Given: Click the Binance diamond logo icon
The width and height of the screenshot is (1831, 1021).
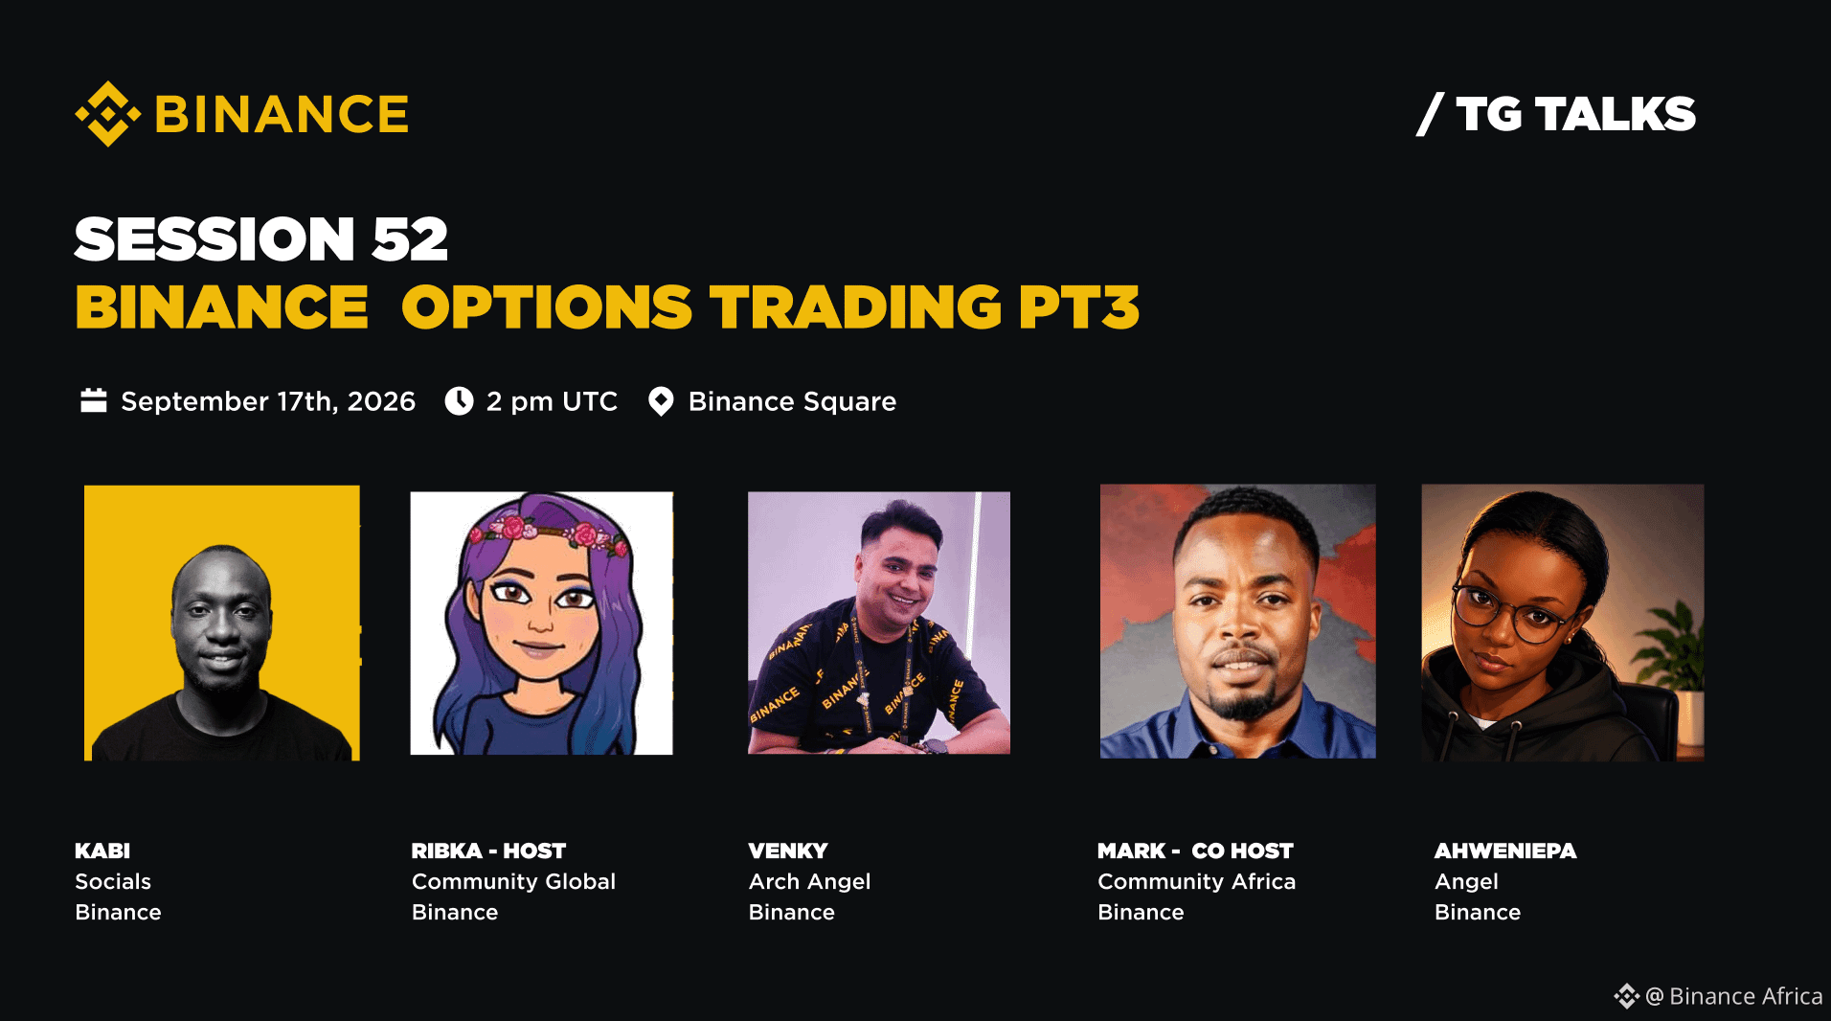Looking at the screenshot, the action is [x=108, y=114].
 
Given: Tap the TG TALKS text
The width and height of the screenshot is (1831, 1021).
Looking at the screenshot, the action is [x=1575, y=115].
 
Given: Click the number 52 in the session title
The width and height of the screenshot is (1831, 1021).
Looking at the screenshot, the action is [x=410, y=238].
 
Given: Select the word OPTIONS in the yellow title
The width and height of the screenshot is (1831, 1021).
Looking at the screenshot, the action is [x=547, y=307].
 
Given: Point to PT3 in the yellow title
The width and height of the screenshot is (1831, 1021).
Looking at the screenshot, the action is [x=1079, y=307].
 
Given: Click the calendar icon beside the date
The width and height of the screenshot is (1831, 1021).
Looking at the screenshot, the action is [x=94, y=400].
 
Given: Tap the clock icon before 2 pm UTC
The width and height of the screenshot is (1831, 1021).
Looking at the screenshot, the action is [x=460, y=400].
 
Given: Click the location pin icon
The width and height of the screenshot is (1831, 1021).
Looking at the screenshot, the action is [x=661, y=401].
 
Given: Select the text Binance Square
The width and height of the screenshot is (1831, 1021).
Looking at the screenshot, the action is [x=792, y=401].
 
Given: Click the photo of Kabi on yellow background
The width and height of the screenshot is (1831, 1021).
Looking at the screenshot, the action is [x=222, y=623].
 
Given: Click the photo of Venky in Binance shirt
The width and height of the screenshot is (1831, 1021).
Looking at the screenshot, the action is [x=879, y=623].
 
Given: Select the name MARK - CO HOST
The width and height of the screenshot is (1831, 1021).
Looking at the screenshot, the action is [x=1195, y=851].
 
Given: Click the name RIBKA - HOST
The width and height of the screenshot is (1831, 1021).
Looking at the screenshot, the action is [x=488, y=851].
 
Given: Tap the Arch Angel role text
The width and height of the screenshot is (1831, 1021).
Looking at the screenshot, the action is [x=809, y=881].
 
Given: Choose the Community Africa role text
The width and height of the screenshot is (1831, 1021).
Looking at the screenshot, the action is [x=1196, y=881].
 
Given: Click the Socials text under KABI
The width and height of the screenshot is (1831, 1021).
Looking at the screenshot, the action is [x=113, y=881].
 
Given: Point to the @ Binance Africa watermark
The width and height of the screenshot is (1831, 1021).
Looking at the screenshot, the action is [x=1718, y=996].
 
